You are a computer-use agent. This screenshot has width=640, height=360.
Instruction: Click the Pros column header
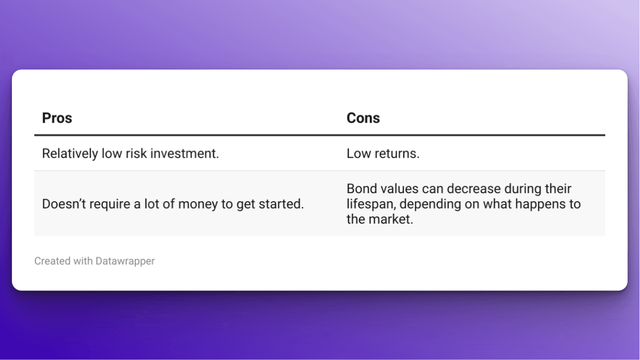coord(57,118)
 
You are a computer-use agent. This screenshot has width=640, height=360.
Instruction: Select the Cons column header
coord(363,118)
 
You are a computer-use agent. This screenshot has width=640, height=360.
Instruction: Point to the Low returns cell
coord(383,154)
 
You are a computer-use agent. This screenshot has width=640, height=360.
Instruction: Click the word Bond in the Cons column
coord(360,189)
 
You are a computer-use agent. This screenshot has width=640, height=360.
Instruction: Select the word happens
coord(536,204)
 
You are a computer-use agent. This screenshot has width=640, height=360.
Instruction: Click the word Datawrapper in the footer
coord(125,261)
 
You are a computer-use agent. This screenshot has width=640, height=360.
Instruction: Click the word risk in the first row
coord(133,154)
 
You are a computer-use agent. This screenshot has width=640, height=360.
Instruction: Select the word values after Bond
coord(397,189)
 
